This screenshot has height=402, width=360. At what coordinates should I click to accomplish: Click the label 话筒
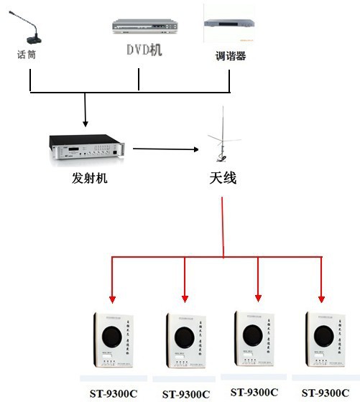pyautogui.click(x=27, y=55)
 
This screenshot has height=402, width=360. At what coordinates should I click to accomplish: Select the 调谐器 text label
pyautogui.click(x=231, y=55)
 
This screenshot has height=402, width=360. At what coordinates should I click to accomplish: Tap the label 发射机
pyautogui.click(x=89, y=178)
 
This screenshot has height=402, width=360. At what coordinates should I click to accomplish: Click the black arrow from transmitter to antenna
pyautogui.click(x=165, y=149)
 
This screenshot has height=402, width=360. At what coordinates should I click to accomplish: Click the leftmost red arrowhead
pyautogui.click(x=112, y=296)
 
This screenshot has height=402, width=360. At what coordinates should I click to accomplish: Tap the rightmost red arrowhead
pyautogui.click(x=321, y=296)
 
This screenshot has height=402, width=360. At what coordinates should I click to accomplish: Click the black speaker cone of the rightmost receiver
pyautogui.click(x=324, y=335)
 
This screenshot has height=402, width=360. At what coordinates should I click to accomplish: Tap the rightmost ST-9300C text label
pyautogui.click(x=326, y=393)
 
